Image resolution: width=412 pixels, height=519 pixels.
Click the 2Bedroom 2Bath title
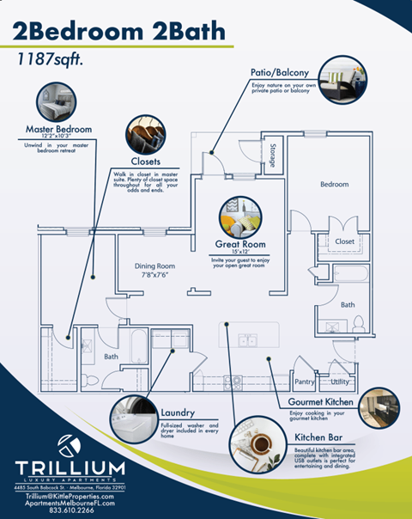tap(120, 33)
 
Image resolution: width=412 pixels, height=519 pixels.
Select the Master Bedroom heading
tap(58, 130)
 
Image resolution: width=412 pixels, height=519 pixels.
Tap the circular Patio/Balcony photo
tap(342, 80)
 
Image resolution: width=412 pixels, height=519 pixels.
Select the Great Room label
tap(239, 245)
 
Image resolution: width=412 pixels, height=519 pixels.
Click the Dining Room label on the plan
tap(154, 266)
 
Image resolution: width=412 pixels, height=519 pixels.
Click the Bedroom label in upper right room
tap(334, 184)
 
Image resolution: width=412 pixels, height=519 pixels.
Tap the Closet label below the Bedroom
tap(344, 241)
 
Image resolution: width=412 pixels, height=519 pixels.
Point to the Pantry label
tap(305, 381)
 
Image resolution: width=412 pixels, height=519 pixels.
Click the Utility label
tap(340, 381)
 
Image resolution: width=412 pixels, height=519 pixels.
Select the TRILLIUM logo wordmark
tap(70, 467)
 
